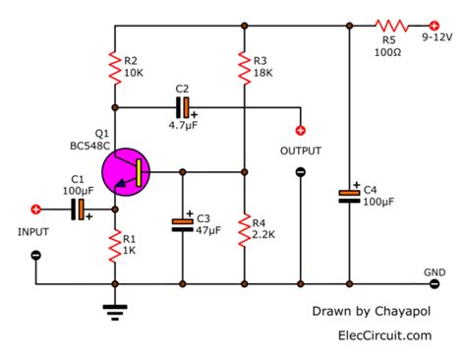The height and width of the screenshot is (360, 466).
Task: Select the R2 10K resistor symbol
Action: click(x=116, y=65)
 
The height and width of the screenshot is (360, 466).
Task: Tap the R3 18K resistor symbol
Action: click(x=243, y=65)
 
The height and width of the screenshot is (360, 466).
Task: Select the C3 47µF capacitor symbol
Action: click(x=182, y=224)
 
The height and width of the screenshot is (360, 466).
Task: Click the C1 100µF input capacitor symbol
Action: click(x=80, y=209)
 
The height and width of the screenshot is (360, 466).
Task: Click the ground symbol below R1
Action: click(x=116, y=309)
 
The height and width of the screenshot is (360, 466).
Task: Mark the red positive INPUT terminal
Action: click(x=36, y=209)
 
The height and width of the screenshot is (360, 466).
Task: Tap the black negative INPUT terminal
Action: click(x=36, y=255)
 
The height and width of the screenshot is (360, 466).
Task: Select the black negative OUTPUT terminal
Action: click(x=300, y=172)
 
